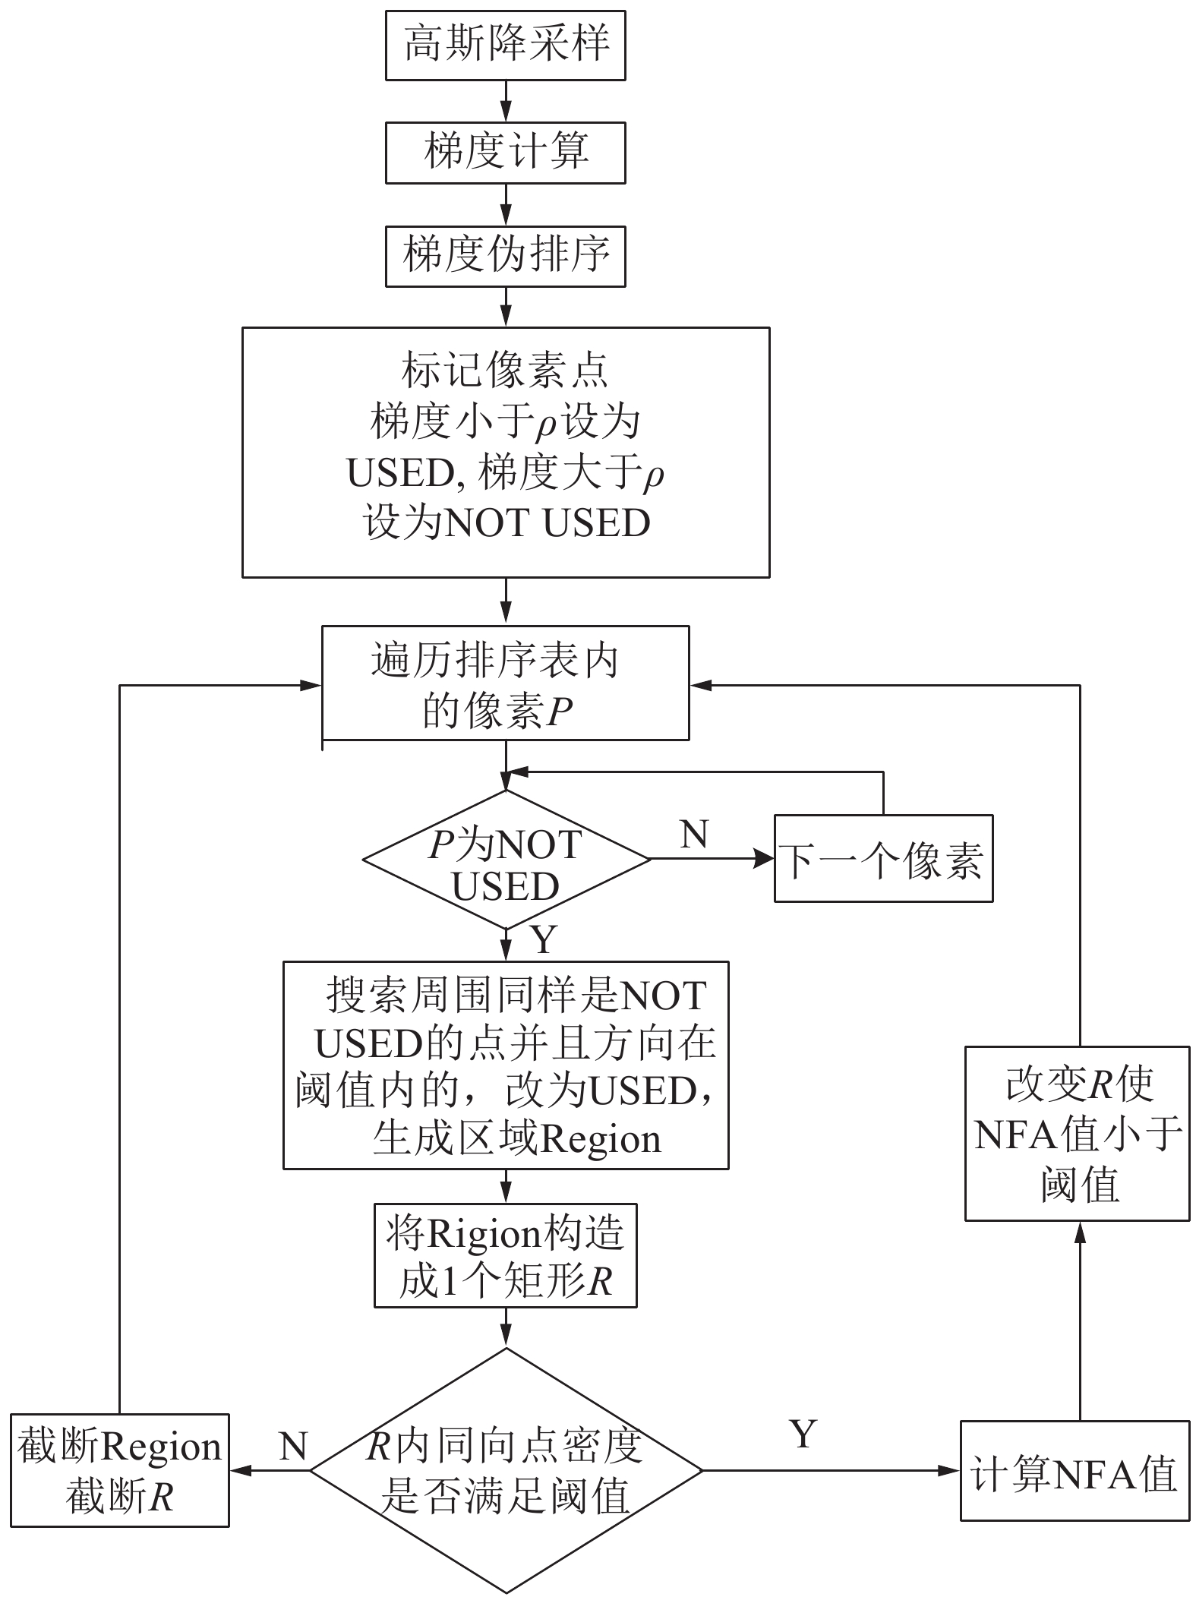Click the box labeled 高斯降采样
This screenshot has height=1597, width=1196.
pyautogui.click(x=505, y=45)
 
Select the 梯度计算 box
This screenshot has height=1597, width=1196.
pyautogui.click(x=505, y=152)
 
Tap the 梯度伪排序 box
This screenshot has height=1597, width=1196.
pyautogui.click(x=505, y=256)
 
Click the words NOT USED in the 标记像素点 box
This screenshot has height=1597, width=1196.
pyautogui.click(x=547, y=522)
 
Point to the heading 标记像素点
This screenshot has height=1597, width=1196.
pyautogui.click(x=505, y=370)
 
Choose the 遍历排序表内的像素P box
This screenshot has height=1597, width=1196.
pyautogui.click(x=505, y=683)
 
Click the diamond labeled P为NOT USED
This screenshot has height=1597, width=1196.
pyautogui.click(x=506, y=859)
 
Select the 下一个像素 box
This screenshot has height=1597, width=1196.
pyautogui.click(x=883, y=859)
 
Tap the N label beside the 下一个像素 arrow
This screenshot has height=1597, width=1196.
pyautogui.click(x=694, y=834)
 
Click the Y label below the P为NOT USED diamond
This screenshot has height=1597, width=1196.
pyautogui.click(x=544, y=939)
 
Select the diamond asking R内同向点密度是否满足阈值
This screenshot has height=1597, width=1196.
pyautogui.click(x=506, y=1470)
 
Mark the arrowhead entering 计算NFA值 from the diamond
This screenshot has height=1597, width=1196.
pyautogui.click(x=950, y=1470)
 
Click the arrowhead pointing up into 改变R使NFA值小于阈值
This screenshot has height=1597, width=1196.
pyautogui.click(x=1079, y=1232)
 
